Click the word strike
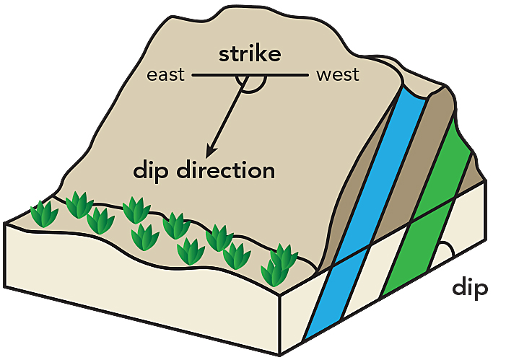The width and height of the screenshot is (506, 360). click(250, 56)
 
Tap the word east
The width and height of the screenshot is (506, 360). click(166, 74)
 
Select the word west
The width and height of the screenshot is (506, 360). click(337, 74)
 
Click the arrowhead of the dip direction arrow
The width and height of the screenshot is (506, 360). click(210, 152)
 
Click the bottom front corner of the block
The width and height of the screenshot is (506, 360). click(280, 354)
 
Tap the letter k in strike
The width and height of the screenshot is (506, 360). click(267, 55)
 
